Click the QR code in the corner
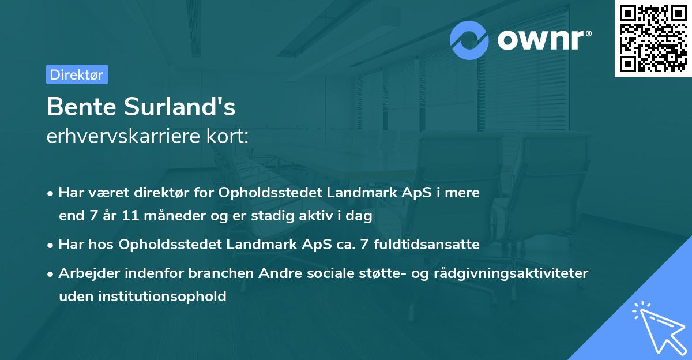653,38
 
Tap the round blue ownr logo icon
469,40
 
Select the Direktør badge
77,74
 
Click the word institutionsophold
162,297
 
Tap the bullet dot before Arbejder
51,274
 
